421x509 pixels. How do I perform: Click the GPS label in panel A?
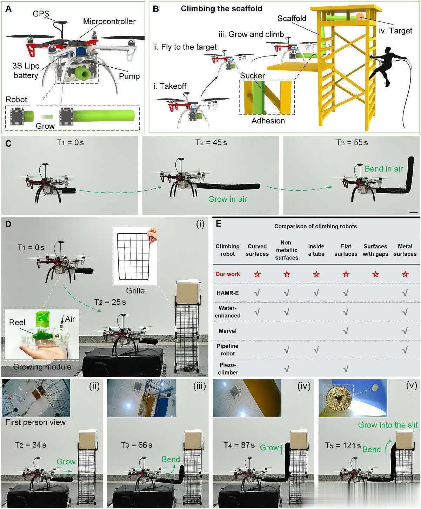point(41,13)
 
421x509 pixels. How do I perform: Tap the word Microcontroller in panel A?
point(109,21)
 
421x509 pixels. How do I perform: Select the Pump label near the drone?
point(129,76)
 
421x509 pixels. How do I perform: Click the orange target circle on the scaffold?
point(360,16)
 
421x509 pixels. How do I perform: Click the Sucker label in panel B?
point(252,75)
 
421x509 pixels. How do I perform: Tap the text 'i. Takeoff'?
point(170,86)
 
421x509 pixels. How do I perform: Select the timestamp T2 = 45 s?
point(211,143)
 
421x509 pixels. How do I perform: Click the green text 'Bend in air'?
point(384,169)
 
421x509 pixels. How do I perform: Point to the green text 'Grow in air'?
point(227,199)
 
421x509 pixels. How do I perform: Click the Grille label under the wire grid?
point(135,290)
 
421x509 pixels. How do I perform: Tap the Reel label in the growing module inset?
point(17,322)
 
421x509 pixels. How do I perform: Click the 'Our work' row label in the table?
point(227,274)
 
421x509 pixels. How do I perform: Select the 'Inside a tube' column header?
point(316,250)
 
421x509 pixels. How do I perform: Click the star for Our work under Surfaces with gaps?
point(375,274)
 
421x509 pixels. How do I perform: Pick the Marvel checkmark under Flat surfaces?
point(346,331)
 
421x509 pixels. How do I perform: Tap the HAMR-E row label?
point(228,293)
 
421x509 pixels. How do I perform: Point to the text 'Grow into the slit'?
point(388,425)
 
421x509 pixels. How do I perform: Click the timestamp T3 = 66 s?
point(136,445)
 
